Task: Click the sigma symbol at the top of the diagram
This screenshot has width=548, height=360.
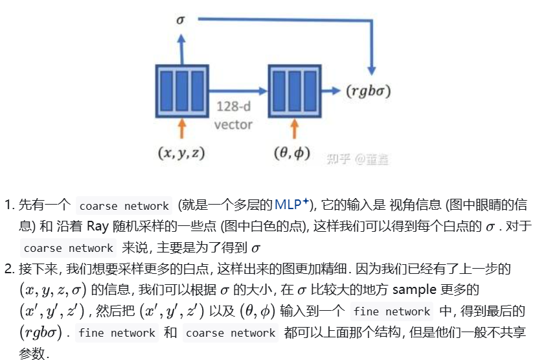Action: click(x=181, y=19)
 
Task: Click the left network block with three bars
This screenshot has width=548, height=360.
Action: click(x=181, y=89)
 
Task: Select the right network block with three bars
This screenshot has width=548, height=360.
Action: click(x=295, y=89)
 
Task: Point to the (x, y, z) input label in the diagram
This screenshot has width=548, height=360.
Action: click(x=181, y=153)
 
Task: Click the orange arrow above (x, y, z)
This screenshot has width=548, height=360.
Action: click(x=181, y=128)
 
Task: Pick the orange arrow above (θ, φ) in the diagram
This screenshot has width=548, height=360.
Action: click(x=295, y=128)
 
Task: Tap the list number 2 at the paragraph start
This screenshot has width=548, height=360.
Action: click(x=9, y=268)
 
